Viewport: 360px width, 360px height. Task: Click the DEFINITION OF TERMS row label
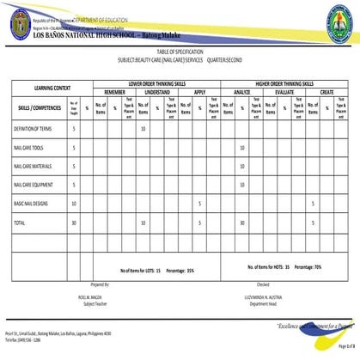click(32, 128)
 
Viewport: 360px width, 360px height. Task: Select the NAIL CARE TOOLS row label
click(29, 147)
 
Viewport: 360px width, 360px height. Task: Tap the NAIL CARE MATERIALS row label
click(33, 166)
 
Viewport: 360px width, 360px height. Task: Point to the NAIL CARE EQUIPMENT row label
click(34, 185)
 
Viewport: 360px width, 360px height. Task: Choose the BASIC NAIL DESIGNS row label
click(32, 204)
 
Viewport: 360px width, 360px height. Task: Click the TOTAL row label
click(19, 223)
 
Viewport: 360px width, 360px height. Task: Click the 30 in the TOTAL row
click(74, 223)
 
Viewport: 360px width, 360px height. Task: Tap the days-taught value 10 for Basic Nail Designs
click(74, 204)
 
